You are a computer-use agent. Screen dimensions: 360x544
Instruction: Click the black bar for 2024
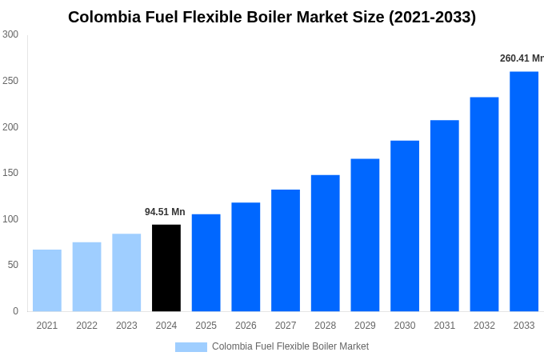166,268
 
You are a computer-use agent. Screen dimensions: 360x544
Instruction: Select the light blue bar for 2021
47,280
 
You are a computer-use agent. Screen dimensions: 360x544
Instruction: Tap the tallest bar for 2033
524,191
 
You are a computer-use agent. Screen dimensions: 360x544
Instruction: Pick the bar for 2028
325,243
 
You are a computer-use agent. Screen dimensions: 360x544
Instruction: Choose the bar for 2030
405,226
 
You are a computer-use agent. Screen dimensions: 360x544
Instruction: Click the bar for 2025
206,262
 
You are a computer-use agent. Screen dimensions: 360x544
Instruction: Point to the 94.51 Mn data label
165,212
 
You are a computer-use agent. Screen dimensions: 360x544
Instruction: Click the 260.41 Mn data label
521,58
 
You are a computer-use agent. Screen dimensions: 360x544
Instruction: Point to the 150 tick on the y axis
10,173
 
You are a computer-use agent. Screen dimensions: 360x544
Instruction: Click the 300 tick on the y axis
10,34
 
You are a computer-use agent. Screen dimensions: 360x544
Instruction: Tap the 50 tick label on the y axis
13,265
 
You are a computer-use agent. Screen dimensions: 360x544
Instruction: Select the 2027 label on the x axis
286,326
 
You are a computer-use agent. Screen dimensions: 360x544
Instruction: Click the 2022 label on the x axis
86,326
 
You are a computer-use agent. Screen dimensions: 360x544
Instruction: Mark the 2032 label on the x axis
484,326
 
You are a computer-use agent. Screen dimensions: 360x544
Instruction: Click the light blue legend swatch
190,346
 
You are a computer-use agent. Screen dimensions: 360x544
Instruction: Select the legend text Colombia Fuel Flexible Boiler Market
290,346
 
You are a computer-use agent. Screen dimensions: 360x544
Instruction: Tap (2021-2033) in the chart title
432,17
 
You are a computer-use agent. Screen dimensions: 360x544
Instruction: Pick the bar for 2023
126,272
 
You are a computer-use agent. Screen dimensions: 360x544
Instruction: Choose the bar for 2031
444,216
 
